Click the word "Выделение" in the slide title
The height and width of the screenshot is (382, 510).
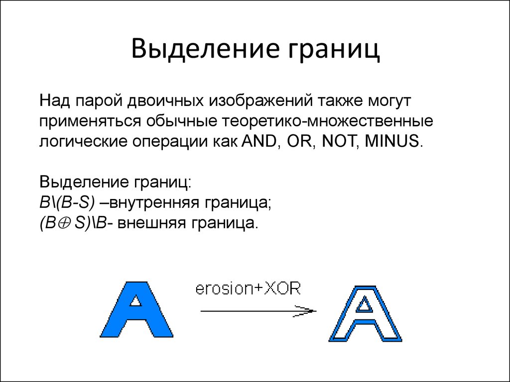click(205, 48)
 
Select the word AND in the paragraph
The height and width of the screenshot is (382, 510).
click(258, 141)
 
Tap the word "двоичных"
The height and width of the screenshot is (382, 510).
click(165, 101)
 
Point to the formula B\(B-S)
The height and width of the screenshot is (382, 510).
click(67, 203)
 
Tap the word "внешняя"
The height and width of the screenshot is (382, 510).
click(150, 223)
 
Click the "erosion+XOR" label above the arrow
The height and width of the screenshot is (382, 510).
click(248, 288)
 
